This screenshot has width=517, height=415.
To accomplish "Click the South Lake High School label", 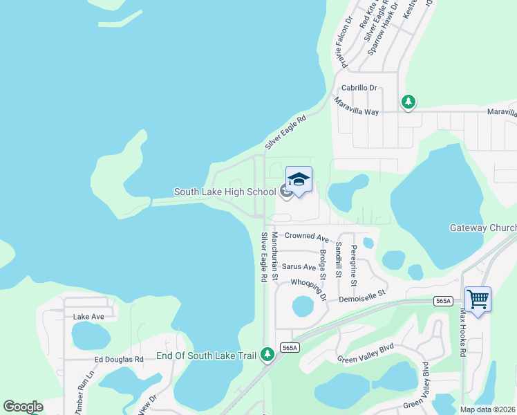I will click(x=224, y=192).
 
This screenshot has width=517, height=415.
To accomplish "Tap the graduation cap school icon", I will click(x=299, y=180).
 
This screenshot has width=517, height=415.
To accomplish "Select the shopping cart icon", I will click(x=478, y=299).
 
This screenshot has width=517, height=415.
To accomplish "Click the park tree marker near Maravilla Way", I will click(x=408, y=102).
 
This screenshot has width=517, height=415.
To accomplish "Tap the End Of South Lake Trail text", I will click(x=207, y=356).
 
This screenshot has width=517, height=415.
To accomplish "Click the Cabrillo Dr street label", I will click(x=359, y=88).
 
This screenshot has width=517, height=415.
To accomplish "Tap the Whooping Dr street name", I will click(x=308, y=287).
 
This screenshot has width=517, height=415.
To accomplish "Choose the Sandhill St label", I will click(x=339, y=259).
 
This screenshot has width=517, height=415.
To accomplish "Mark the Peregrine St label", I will click(x=354, y=266).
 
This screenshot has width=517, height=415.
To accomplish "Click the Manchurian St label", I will click(x=274, y=257).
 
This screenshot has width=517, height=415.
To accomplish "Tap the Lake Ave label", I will click(x=88, y=316).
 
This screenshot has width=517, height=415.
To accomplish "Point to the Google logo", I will click(x=23, y=407).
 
